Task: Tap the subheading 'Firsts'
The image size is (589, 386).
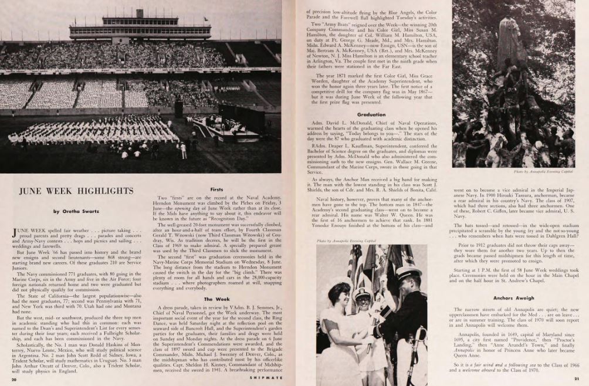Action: [x=216, y=189]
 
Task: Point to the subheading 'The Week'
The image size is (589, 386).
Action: [x=216, y=299]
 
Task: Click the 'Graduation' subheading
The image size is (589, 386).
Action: [x=371, y=115]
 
